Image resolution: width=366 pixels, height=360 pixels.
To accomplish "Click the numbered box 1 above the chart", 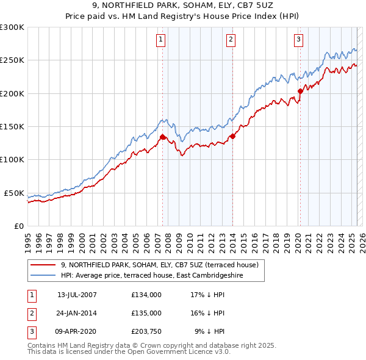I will (160, 40).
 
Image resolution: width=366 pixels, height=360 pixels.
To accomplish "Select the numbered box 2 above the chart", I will (231, 40).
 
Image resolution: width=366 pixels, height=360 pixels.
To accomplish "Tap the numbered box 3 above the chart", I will (298, 40).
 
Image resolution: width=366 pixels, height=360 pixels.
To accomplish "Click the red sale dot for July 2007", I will (162, 137).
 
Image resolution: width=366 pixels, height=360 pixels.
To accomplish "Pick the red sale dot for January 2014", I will (233, 137).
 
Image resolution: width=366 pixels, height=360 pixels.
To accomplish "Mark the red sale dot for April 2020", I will (300, 92).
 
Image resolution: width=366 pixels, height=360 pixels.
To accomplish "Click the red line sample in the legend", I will (43, 265).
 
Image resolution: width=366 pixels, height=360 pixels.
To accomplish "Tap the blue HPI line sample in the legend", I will (43, 275).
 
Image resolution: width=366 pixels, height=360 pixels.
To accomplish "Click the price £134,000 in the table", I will (146, 295).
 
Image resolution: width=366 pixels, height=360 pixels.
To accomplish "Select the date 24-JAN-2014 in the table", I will (77, 313).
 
